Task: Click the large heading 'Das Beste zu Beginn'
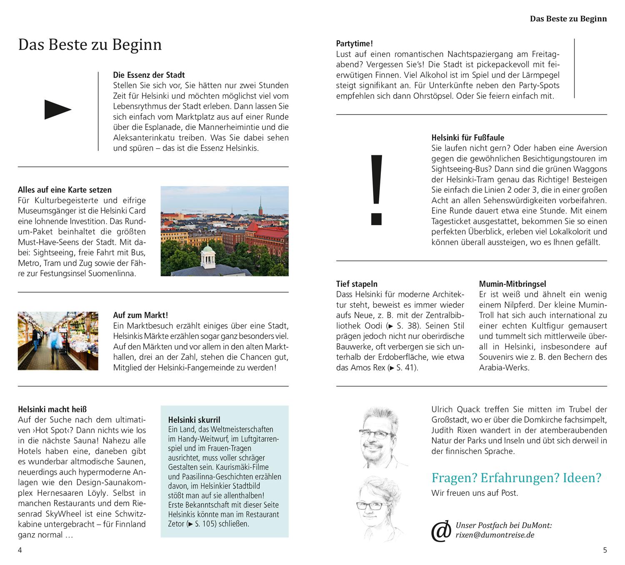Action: point(90,45)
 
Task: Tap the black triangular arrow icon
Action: point(57,110)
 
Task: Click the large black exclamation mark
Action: point(376,189)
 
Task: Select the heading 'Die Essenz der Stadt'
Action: point(149,75)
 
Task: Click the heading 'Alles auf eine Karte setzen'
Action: point(65,190)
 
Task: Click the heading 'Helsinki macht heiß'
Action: point(52,409)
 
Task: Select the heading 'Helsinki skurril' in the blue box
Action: point(194,420)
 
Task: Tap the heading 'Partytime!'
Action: point(354,43)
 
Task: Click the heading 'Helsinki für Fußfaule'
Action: point(467,137)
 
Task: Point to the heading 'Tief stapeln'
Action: point(357,284)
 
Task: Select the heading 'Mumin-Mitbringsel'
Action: point(512,284)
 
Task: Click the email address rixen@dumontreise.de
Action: point(495,535)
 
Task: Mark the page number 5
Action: point(605,550)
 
